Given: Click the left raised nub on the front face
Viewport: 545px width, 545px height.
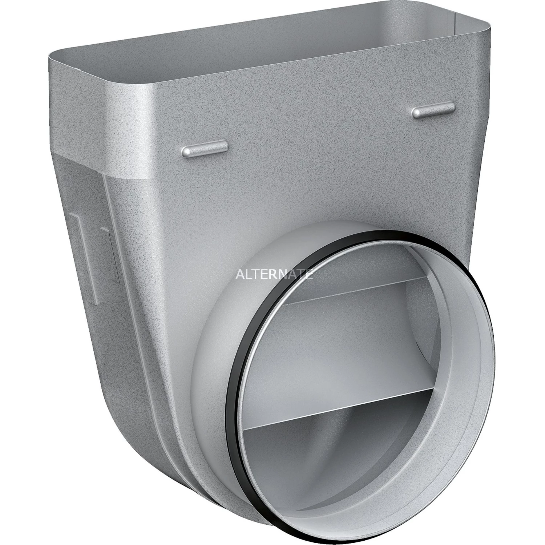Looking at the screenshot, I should (x=205, y=148).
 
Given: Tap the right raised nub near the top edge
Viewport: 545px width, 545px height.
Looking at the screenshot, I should (x=433, y=111).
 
